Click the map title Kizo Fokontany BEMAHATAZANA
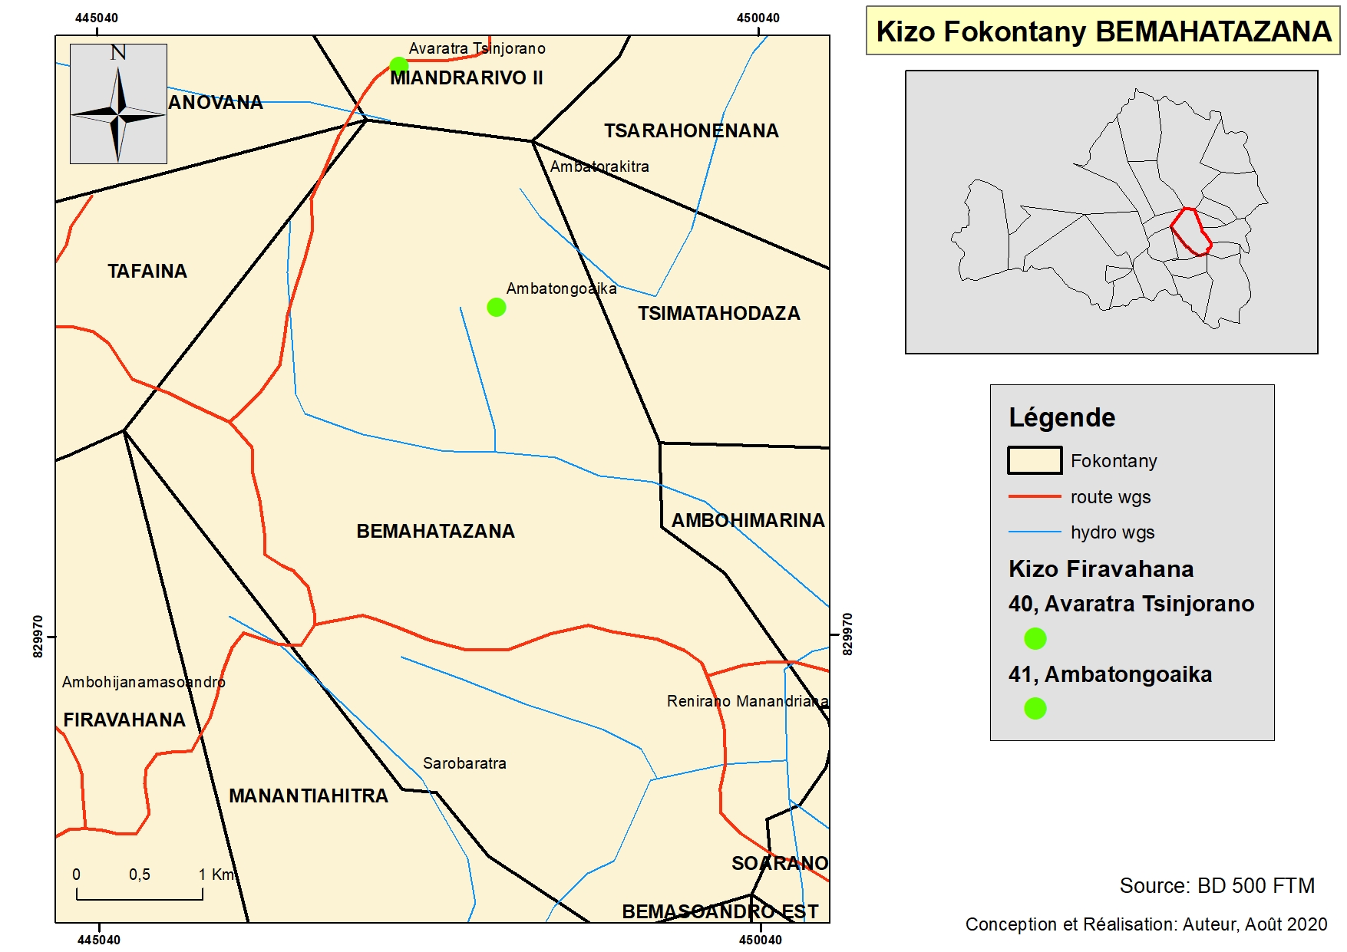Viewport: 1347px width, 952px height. pyautogui.click(x=1103, y=31)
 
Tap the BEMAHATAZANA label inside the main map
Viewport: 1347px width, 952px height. pyautogui.click(x=435, y=531)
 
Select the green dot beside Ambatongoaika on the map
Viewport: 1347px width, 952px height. pyautogui.click(x=497, y=308)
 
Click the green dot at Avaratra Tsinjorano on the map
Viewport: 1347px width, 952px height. pyautogui.click(x=398, y=65)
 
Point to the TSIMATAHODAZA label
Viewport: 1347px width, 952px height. pyautogui.click(x=718, y=313)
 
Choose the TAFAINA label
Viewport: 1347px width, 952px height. pyautogui.click(x=147, y=271)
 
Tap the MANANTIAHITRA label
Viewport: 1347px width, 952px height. pyautogui.click(x=309, y=796)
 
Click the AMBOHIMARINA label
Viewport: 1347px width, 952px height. pyautogui.click(x=748, y=520)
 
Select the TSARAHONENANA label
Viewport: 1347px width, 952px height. pyautogui.click(x=691, y=130)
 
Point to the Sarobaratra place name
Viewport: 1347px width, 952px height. pyautogui.click(x=464, y=763)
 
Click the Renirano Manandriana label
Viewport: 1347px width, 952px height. pyautogui.click(x=747, y=701)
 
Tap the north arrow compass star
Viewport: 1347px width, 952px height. pyautogui.click(x=118, y=114)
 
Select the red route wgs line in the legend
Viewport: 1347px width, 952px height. pyautogui.click(x=1034, y=497)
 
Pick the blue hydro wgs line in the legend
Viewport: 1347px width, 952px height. pyautogui.click(x=1034, y=532)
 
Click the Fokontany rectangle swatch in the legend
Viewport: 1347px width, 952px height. pyautogui.click(x=1034, y=460)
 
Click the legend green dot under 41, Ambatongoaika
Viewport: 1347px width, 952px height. pyautogui.click(x=1035, y=708)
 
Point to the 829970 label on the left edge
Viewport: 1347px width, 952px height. pyautogui.click(x=38, y=636)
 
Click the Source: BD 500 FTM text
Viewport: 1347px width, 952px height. pyautogui.click(x=1217, y=885)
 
